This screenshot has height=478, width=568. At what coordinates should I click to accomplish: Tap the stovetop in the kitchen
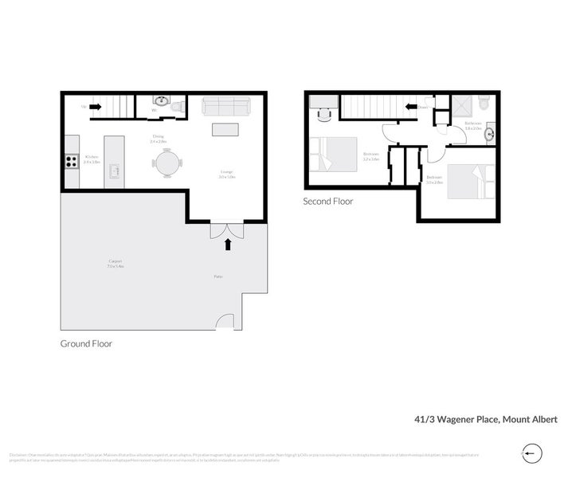(70, 161)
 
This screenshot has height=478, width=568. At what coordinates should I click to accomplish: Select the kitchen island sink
(115, 170)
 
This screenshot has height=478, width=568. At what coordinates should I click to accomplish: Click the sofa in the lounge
(226, 106)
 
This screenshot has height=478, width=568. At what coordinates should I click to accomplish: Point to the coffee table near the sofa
(225, 130)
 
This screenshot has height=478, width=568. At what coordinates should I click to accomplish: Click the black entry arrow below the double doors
(229, 245)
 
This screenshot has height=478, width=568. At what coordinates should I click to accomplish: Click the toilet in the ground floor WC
(178, 104)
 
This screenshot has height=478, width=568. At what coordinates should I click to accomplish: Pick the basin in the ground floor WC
(161, 100)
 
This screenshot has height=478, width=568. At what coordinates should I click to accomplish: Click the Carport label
(115, 265)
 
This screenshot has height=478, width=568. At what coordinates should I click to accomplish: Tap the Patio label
(217, 277)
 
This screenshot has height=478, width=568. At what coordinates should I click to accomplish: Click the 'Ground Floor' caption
(86, 344)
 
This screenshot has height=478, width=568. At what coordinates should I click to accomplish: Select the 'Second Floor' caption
(327, 202)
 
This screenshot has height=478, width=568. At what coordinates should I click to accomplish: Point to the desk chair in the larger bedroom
(323, 114)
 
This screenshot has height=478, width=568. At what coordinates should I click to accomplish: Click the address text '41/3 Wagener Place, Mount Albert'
(485, 418)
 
